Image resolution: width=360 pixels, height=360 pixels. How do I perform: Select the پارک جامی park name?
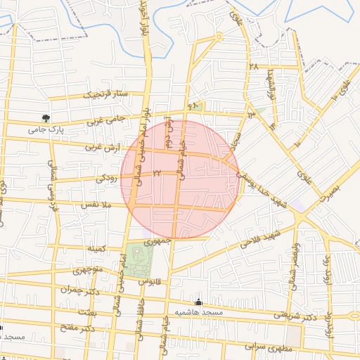tap(46, 129)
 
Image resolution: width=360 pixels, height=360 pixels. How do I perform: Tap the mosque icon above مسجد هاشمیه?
tap(199, 302)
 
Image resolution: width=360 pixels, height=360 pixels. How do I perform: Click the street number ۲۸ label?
tap(253, 66)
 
